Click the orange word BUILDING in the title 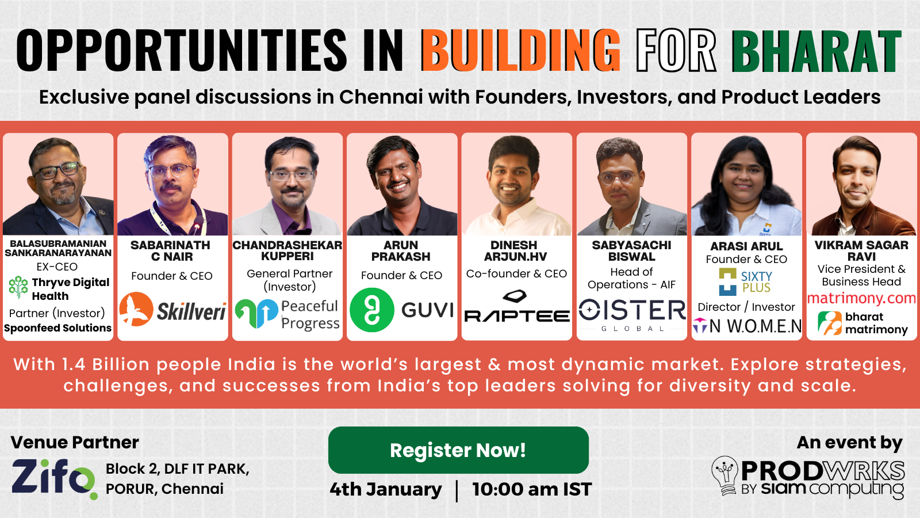[520, 51]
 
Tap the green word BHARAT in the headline [816, 51]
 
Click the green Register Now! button [458, 450]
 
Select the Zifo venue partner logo [54, 478]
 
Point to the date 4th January [386, 490]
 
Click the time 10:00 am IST [532, 490]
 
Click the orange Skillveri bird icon [136, 309]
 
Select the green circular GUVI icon [372, 310]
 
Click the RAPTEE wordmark [517, 316]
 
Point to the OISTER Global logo [632, 315]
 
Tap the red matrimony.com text [862, 298]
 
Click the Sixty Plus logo [745, 282]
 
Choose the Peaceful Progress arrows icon [256, 313]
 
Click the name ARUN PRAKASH [401, 251]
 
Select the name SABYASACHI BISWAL [632, 251]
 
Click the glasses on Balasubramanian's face [57, 170]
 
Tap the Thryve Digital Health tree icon [18, 287]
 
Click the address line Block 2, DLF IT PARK [178, 469]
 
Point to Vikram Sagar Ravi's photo [862, 184]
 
